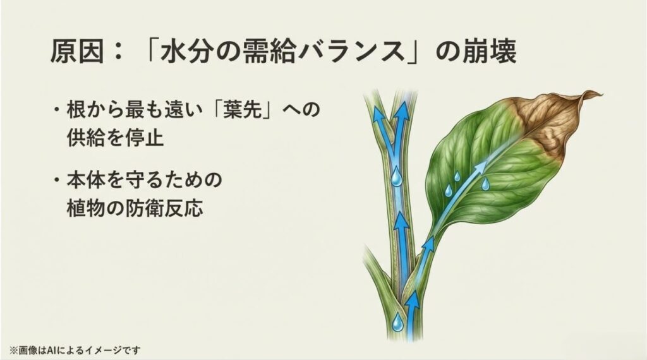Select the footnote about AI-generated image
pyautogui.click(x=75, y=349)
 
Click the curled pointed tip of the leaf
pyautogui.click(x=597, y=95)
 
